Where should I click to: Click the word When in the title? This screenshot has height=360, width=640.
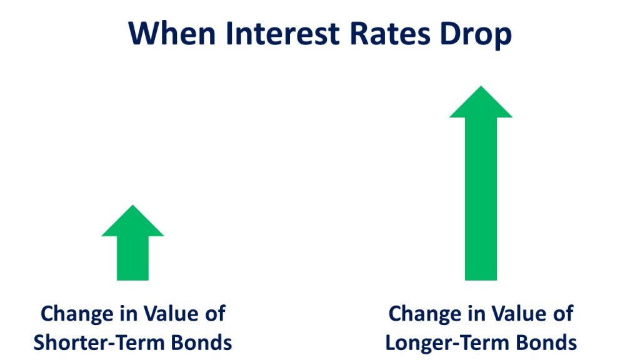tap(172, 34)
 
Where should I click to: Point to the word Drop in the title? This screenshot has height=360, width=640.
tap(476, 36)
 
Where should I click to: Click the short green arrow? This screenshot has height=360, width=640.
tap(132, 243)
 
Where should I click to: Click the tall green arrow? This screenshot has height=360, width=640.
tap(481, 183)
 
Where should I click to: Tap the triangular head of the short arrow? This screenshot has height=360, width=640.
tap(132, 223)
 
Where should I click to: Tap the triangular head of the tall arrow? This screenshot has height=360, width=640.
tap(481, 104)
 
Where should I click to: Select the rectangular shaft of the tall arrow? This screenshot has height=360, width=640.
tap(481, 199)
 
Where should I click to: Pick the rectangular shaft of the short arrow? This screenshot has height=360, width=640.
tap(132, 258)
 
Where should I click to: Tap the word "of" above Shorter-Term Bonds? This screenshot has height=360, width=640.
tap(215, 314)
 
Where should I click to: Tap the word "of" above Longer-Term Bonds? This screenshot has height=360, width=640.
tap(563, 314)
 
